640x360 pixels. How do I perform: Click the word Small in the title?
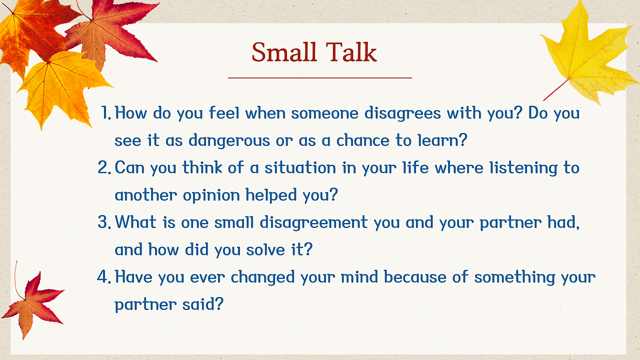[284, 52]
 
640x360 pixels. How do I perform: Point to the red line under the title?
[319, 77]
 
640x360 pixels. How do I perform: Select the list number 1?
[106, 112]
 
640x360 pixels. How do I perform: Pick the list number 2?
[104, 167]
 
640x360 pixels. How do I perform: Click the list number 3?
[104, 222]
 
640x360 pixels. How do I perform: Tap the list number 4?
[104, 276]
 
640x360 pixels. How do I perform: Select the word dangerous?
[229, 140]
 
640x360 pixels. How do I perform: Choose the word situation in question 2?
[300, 167]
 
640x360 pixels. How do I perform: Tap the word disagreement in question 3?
[313, 223]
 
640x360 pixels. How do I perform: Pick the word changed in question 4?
[262, 277]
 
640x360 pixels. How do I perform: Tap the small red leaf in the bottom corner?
[33, 305]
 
